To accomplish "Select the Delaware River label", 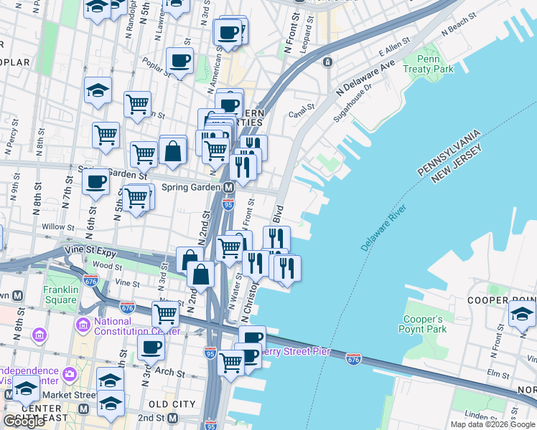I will pyautogui.click(x=383, y=228).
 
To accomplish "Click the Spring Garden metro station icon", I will pyautogui.click(x=229, y=188).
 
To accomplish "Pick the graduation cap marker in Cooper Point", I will pyautogui.click(x=522, y=313).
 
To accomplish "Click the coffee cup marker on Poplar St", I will pyautogui.click(x=179, y=60).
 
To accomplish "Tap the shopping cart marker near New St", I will pyautogui.click(x=166, y=312).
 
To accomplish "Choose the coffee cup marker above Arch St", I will pyautogui.click(x=151, y=348).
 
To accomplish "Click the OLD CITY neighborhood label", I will pyautogui.click(x=172, y=405).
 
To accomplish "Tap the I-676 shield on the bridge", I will pyautogui.click(x=353, y=358).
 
